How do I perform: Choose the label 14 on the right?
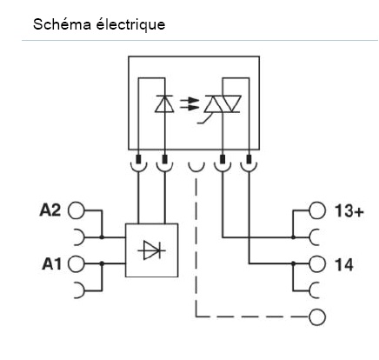342,263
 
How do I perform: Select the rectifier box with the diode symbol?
152,250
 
